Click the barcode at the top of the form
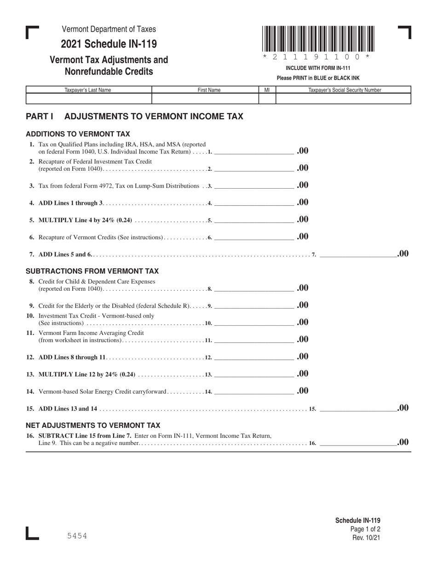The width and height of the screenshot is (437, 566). (318, 39)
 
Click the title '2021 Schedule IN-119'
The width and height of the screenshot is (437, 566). (109, 44)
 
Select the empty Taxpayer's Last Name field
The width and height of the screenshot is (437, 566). (89, 98)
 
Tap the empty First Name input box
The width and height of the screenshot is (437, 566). (205, 98)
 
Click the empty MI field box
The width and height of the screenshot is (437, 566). (267, 98)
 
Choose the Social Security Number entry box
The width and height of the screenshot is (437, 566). (343, 98)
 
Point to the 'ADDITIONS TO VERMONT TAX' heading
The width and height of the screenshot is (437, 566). (78, 134)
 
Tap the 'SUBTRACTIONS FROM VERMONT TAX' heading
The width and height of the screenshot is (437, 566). (92, 271)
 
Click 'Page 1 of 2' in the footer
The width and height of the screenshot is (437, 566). (365, 529)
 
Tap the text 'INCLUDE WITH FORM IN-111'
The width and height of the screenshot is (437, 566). (318, 68)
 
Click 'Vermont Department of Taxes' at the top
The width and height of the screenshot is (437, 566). (109, 29)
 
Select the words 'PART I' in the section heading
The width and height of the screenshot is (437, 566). (40, 116)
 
